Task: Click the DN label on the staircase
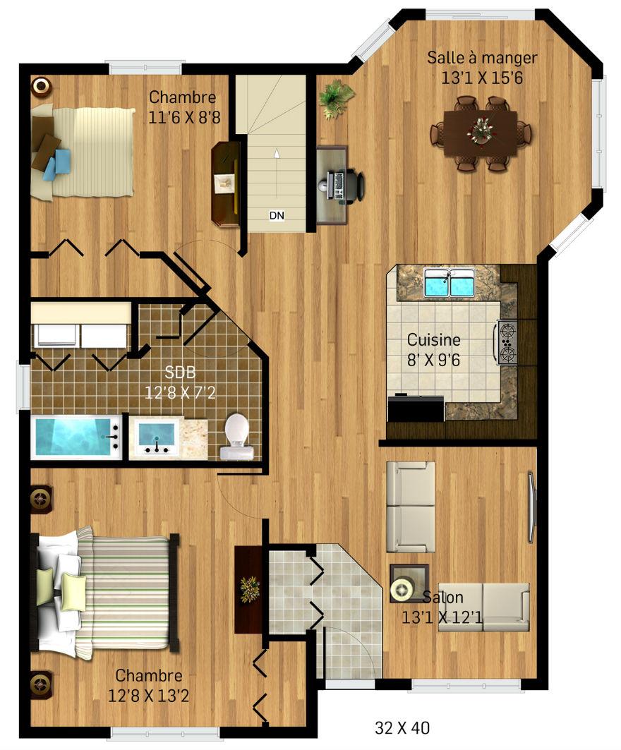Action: click(277, 215)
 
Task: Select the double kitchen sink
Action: click(450, 282)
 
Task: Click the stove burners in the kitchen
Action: click(507, 342)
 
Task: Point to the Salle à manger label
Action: click(482, 57)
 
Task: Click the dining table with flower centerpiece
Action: click(481, 133)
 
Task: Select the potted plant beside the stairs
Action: click(337, 98)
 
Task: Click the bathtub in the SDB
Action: click(76, 437)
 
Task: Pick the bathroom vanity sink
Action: click(155, 437)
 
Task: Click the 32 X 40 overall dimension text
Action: click(402, 728)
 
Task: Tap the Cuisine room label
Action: click(433, 339)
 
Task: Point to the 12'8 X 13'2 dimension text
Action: click(148, 696)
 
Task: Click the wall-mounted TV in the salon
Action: click(531, 507)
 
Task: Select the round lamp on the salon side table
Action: click(402, 589)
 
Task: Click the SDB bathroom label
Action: click(180, 372)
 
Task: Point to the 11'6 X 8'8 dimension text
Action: click(184, 116)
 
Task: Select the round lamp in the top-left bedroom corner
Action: click(41, 86)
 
